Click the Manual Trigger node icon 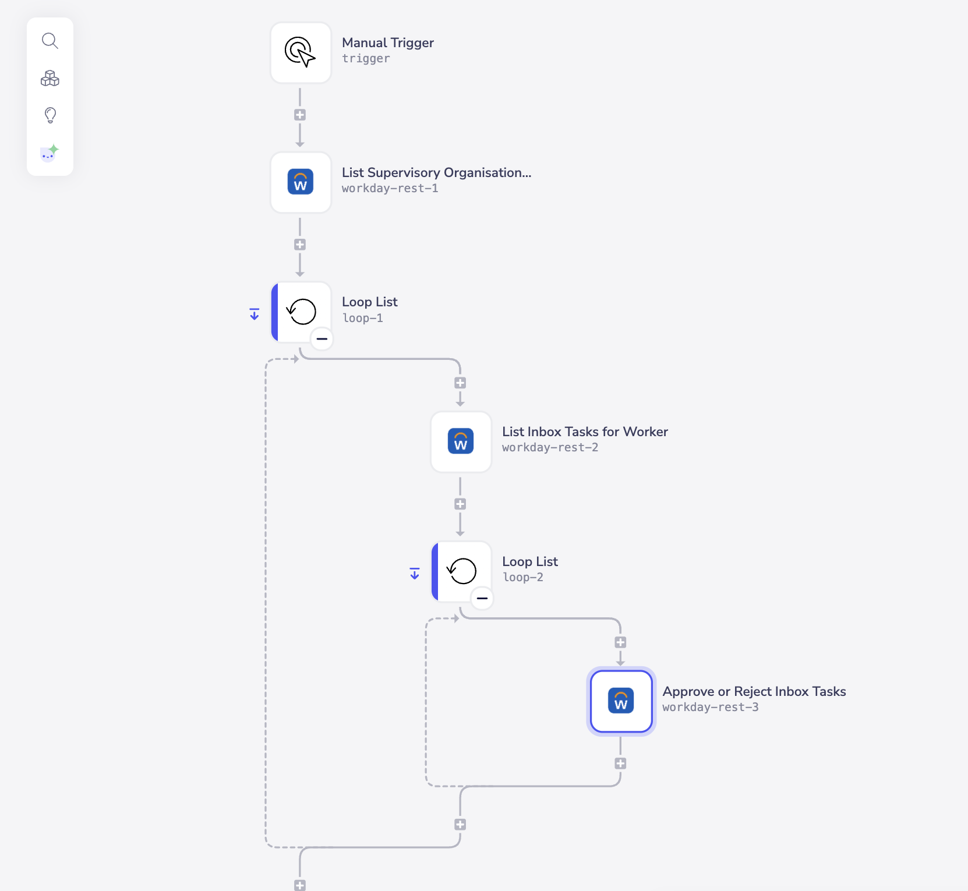pos(301,52)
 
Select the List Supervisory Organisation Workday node pos(301,182)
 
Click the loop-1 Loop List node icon pos(302,312)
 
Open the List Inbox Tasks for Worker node pos(461,441)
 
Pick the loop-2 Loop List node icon pos(462,571)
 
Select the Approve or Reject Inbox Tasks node pos(621,701)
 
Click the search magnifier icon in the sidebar pos(50,41)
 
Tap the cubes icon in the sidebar pos(50,78)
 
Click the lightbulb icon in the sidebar pos(50,115)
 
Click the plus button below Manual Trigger pos(300,115)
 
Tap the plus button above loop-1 pos(300,245)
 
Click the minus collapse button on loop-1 pos(322,338)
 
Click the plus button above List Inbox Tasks pos(460,383)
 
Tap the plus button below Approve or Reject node pos(620,763)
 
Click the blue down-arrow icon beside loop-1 pos(255,314)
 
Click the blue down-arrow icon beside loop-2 pos(415,574)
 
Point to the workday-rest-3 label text pos(710,707)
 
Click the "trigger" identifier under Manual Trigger pos(366,58)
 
